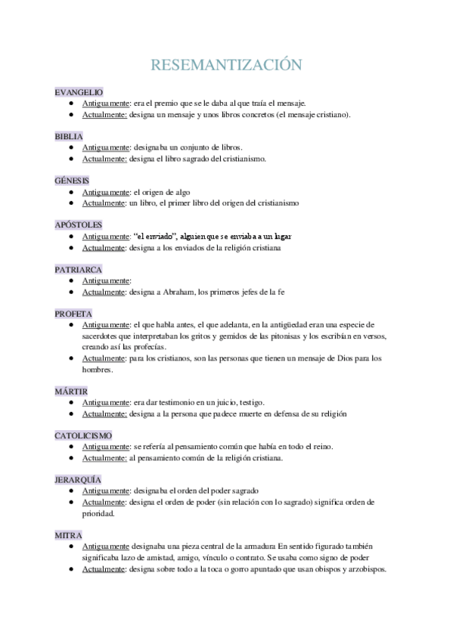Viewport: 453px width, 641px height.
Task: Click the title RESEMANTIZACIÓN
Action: (x=226, y=65)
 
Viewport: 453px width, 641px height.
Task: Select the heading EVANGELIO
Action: (x=79, y=91)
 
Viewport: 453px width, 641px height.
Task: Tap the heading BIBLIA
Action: (x=69, y=136)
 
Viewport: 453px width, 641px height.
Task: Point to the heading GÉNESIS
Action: (x=72, y=181)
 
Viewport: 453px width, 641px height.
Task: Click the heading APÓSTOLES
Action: (x=78, y=225)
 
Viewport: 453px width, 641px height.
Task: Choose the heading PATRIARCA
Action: (x=78, y=269)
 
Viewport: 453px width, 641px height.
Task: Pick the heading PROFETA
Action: (x=73, y=313)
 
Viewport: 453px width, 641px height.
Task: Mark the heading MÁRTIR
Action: (x=71, y=391)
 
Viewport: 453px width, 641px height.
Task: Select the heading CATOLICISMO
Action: (x=83, y=435)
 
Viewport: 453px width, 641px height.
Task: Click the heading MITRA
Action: (x=67, y=534)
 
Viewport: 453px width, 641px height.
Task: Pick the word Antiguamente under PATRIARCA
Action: (x=106, y=280)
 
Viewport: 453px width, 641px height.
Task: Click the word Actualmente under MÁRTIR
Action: (x=104, y=413)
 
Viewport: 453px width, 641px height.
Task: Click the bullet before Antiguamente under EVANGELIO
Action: (x=70, y=103)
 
